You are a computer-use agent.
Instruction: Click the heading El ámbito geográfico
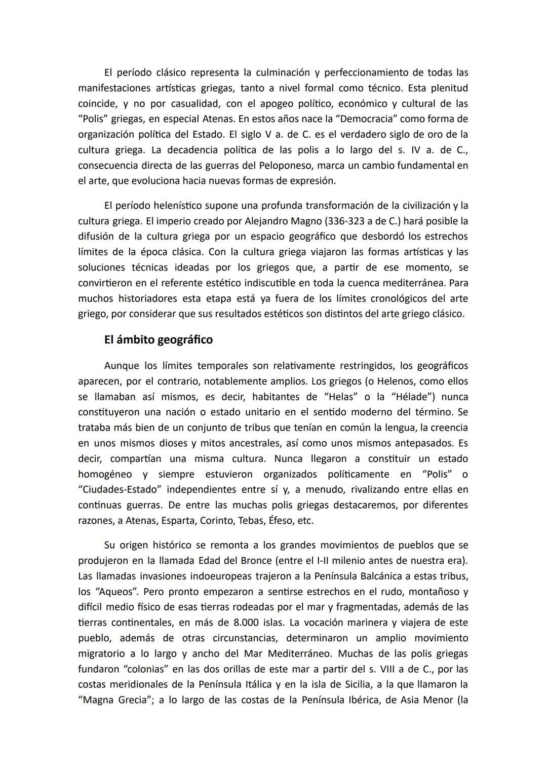pyautogui.click(x=158, y=340)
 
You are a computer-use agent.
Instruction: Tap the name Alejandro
pyautogui.click(x=264, y=221)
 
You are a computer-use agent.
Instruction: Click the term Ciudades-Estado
pyautogui.click(x=120, y=490)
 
